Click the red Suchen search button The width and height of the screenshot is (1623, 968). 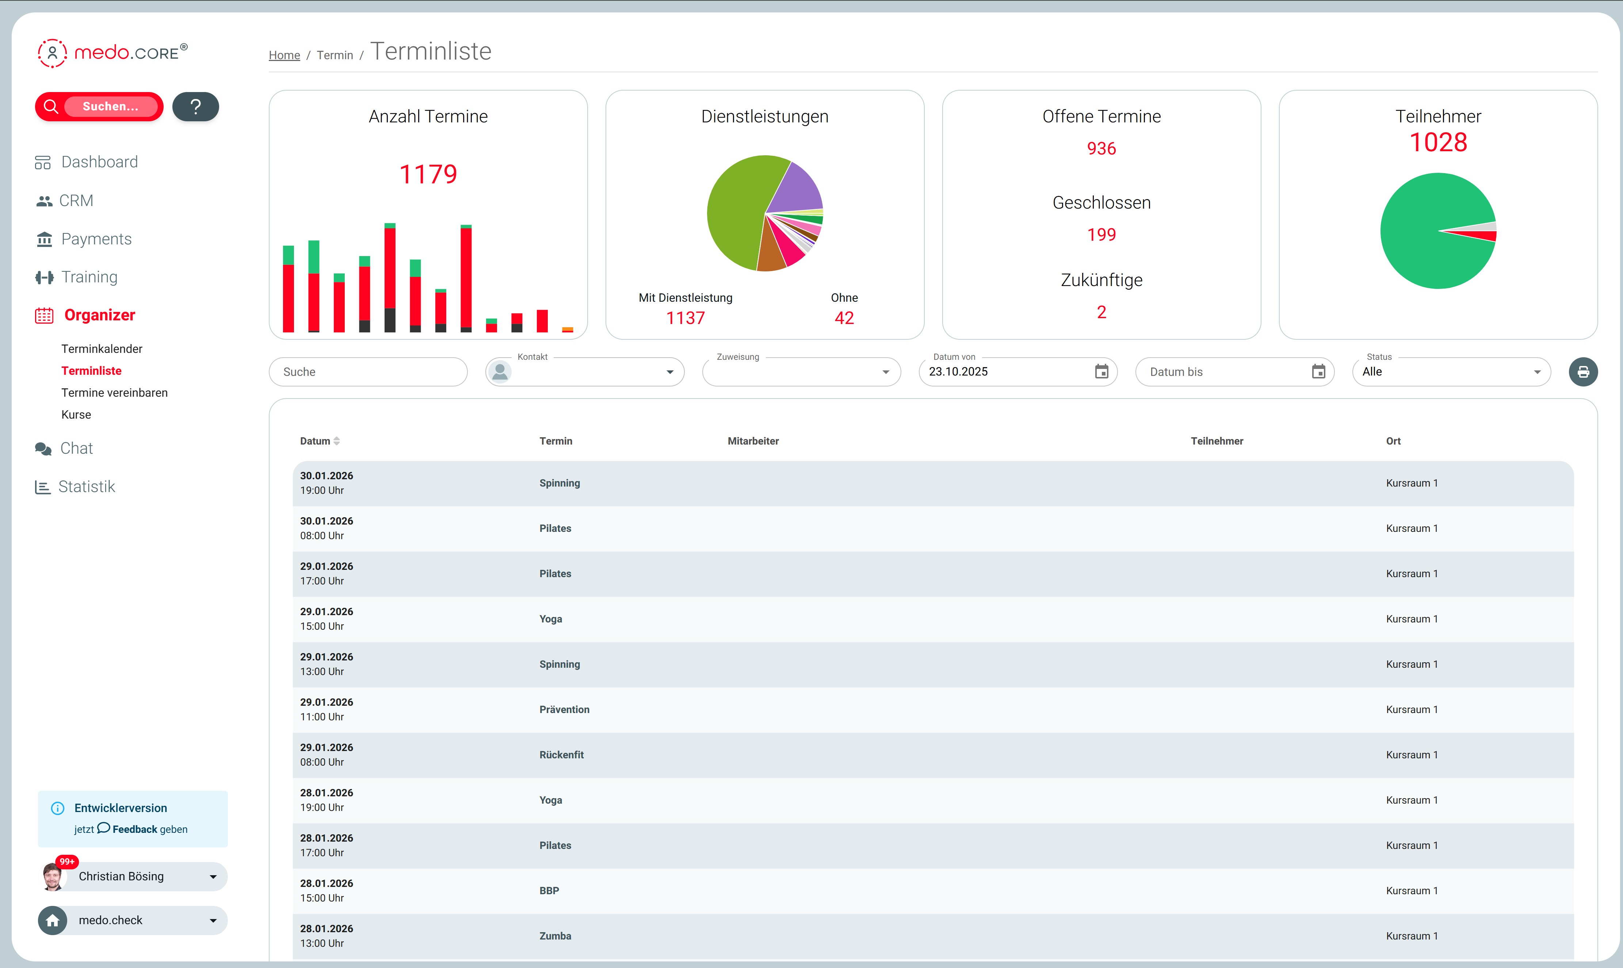point(99,106)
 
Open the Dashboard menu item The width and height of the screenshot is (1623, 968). point(99,162)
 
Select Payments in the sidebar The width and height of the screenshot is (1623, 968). point(96,239)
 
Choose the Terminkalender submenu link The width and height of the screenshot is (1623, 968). point(102,349)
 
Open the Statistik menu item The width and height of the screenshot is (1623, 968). point(86,487)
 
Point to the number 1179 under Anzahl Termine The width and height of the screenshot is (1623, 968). point(428,174)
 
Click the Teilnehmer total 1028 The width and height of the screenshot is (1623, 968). point(1438,142)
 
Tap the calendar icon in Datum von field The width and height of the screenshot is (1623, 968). point(1101,372)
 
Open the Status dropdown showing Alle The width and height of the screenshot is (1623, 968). point(1451,372)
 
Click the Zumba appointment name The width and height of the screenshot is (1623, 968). point(555,936)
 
